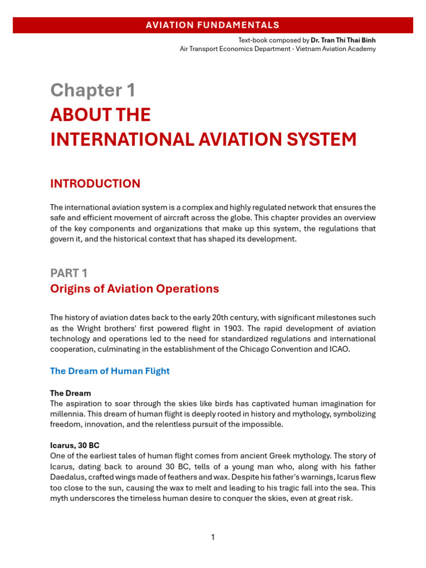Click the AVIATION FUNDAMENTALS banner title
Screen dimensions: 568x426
(212, 25)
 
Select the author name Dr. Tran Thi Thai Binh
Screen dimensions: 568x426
(343, 40)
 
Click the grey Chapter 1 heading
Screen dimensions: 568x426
(93, 90)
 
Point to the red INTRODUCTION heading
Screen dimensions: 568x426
(95, 184)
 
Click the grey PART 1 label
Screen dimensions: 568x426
(69, 273)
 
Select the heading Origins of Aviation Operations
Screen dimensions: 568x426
(134, 289)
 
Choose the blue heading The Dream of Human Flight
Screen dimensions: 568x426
(110, 371)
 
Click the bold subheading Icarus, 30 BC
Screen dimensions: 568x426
(74, 445)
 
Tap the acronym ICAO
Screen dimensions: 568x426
(339, 349)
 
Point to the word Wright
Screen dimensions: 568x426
(90, 328)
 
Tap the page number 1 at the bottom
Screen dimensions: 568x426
(212, 537)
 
